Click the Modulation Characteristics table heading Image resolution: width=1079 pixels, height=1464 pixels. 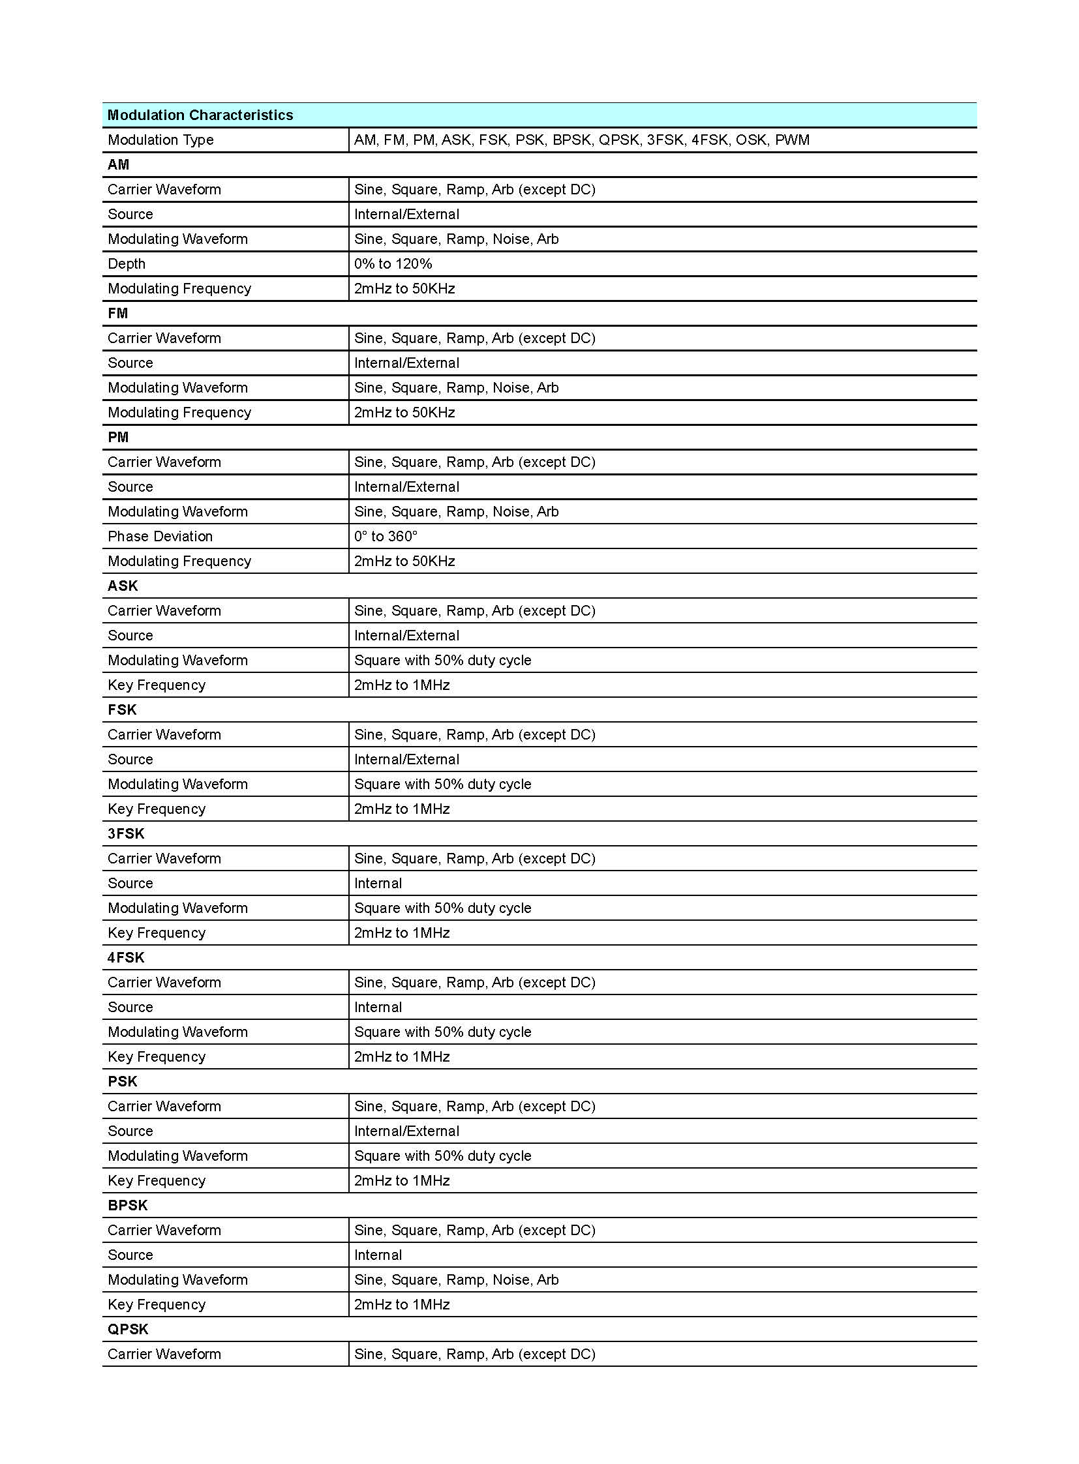tap(200, 115)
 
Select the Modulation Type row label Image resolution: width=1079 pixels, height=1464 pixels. tap(160, 140)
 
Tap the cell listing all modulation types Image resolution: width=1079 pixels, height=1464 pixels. tap(581, 140)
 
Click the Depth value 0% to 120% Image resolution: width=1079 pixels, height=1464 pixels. tap(393, 264)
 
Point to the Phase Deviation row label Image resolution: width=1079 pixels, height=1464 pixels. tap(160, 536)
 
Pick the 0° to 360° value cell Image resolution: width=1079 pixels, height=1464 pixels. tap(386, 536)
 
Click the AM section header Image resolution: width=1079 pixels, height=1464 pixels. tap(118, 164)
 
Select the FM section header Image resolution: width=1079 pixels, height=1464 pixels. tap(117, 314)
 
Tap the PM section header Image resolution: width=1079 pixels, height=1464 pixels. tap(118, 437)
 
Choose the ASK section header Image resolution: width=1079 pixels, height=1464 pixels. tap(123, 586)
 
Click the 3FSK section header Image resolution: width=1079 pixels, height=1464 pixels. tap(125, 834)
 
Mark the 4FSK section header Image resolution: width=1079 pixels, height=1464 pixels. tap(125, 957)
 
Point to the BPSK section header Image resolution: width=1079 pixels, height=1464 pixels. tap(127, 1205)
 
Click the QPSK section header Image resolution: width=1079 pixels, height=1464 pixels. tap(128, 1329)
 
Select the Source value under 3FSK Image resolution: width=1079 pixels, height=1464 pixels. tap(378, 884)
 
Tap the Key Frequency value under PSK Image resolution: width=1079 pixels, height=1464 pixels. tap(402, 1180)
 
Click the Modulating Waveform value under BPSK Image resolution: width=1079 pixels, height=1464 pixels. tap(456, 1280)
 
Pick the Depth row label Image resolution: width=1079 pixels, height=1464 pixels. tap(127, 264)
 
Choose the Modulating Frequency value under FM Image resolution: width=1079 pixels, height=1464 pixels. tap(404, 413)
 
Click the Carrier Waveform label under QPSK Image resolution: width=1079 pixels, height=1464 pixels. tap(164, 1354)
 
